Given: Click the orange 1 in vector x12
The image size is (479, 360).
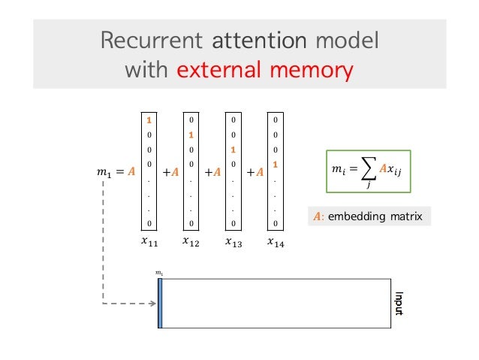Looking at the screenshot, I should pyautogui.click(x=192, y=135).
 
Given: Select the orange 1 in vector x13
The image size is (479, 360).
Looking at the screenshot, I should pyautogui.click(x=234, y=150).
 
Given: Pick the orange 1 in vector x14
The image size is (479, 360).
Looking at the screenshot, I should pyautogui.click(x=276, y=164).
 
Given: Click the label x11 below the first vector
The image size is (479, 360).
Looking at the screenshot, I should pyautogui.click(x=149, y=243).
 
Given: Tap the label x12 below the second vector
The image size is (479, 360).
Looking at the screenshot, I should pyautogui.click(x=191, y=243).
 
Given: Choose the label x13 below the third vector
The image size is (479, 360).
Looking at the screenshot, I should pyautogui.click(x=234, y=243).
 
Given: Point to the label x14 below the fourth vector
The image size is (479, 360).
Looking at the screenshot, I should pyautogui.click(x=276, y=243).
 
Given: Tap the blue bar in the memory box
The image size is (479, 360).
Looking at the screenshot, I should pyautogui.click(x=160, y=304).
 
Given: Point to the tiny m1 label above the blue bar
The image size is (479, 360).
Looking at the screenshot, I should pyautogui.click(x=159, y=273).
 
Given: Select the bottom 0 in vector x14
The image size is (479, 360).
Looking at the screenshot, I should pyautogui.click(x=276, y=223).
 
